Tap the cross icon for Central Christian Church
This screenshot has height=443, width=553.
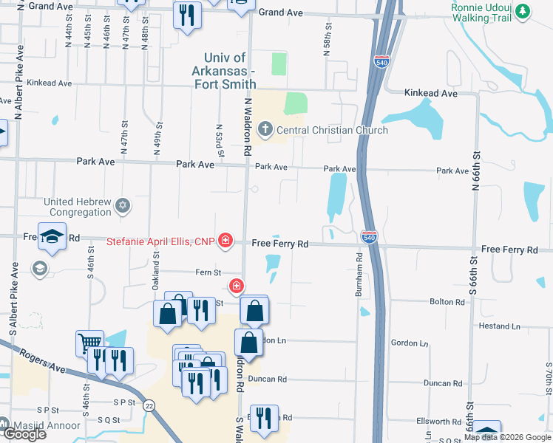click(265, 131)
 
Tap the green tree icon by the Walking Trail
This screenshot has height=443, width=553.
click(523, 11)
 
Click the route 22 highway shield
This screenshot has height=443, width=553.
click(149, 405)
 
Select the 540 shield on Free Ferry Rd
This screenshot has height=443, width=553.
click(370, 237)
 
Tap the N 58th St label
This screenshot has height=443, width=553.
click(325, 32)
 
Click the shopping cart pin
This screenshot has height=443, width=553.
click(89, 343)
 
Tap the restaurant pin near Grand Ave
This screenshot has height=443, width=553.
click(186, 14)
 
